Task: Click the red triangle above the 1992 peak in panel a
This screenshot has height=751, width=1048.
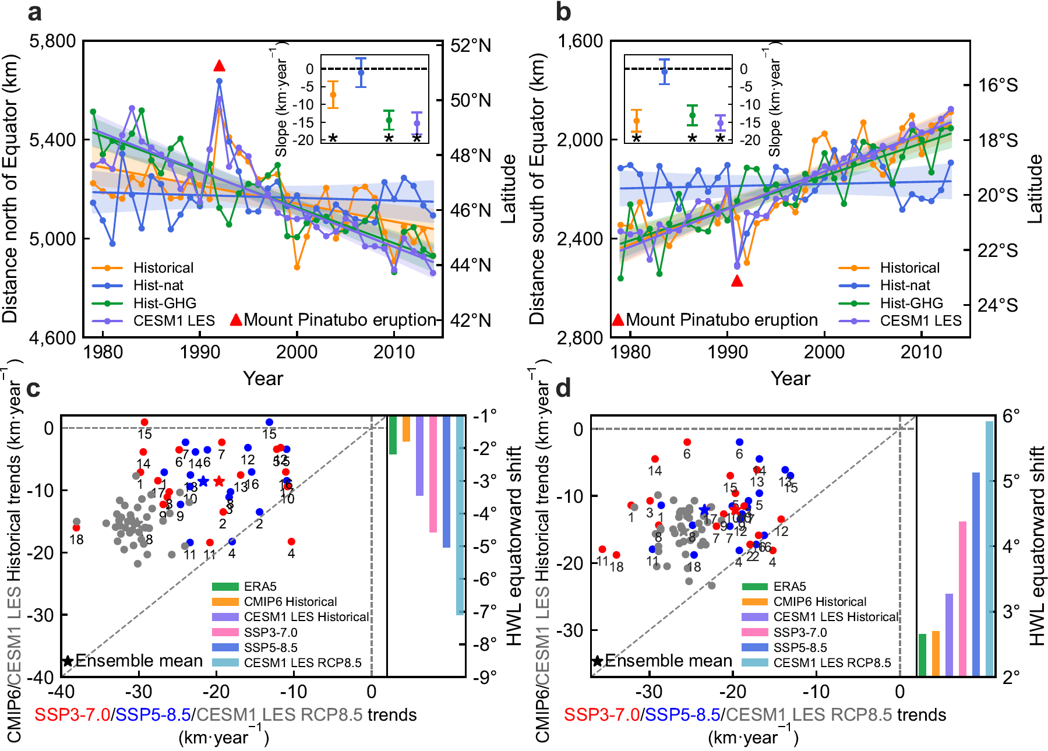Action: click(219, 66)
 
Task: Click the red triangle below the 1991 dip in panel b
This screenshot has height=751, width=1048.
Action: click(737, 281)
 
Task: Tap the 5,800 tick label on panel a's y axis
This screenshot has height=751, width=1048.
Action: click(53, 41)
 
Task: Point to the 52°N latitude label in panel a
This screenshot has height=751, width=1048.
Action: click(471, 45)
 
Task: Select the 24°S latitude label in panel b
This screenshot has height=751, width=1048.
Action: click(997, 305)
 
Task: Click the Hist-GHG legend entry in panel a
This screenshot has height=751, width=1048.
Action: click(164, 303)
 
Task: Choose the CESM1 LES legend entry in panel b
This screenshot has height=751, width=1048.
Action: click(920, 320)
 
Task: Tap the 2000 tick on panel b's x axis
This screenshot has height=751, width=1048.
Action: click(824, 352)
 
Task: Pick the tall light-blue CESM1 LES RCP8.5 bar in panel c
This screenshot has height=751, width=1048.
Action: click(460, 515)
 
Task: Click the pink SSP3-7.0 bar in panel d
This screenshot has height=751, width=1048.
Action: click(962, 598)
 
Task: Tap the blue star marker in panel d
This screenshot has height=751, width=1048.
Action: click(705, 510)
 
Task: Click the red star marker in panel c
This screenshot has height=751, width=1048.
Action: click(218, 481)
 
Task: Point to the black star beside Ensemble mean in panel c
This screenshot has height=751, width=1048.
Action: click(68, 661)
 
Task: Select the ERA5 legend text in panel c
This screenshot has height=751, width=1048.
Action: click(260, 587)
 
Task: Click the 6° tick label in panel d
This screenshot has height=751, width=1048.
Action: click(1011, 415)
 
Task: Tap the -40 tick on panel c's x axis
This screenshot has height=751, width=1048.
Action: click(61, 692)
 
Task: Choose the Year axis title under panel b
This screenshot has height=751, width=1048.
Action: click(790, 379)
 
